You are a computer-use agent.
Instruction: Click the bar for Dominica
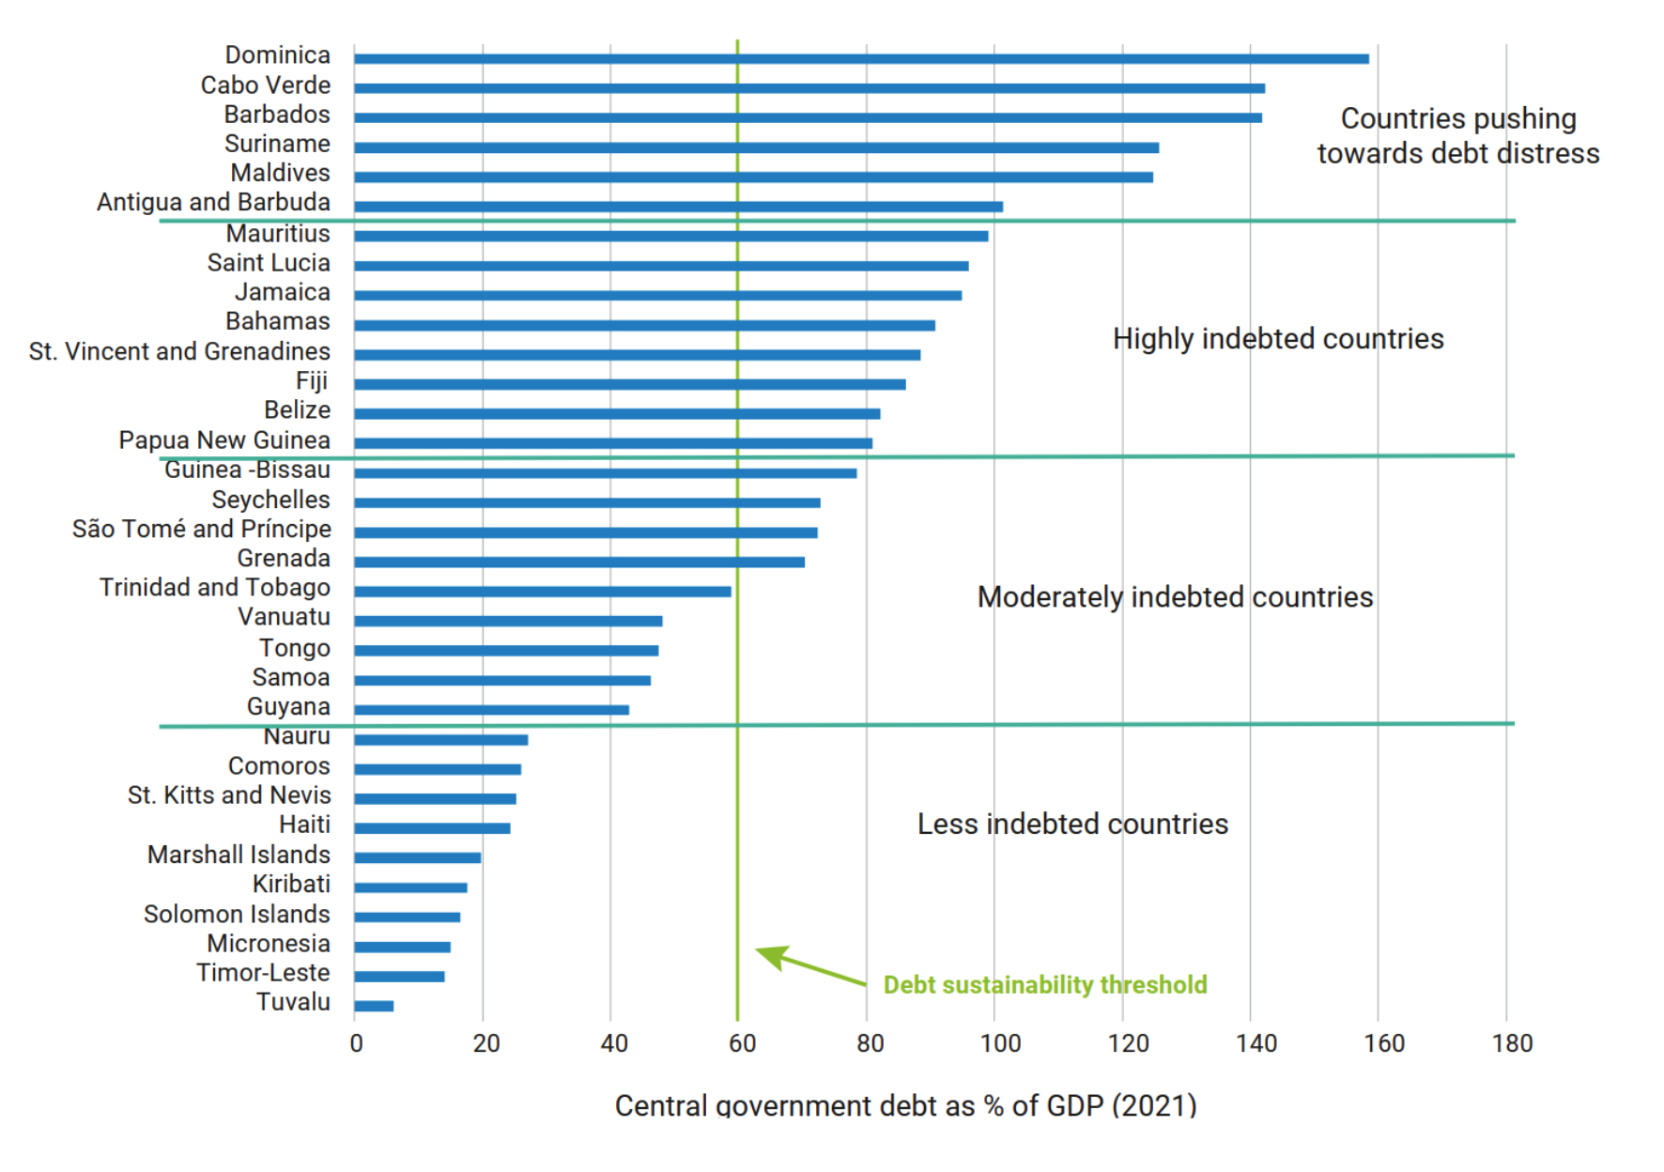[x=860, y=58]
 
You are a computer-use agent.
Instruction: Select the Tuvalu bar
[x=374, y=1006]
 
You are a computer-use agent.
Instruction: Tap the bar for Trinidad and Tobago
[x=542, y=592]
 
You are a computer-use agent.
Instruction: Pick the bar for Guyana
[x=491, y=710]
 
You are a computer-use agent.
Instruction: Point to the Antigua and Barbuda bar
[x=678, y=207]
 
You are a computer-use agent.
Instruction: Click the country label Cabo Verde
[x=266, y=85]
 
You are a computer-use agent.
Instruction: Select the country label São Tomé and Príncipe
[x=202, y=529]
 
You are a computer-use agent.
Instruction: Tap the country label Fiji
[x=312, y=380]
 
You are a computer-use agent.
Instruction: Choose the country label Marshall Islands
[x=239, y=855]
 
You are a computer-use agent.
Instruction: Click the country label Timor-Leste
[x=263, y=973]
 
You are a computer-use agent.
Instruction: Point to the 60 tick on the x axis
[x=742, y=1043]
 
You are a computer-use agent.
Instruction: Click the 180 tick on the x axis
[x=1512, y=1043]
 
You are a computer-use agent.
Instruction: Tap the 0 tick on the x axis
[x=357, y=1043]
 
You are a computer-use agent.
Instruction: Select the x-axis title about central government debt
[x=905, y=1105]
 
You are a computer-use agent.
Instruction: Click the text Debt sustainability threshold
[x=1045, y=984]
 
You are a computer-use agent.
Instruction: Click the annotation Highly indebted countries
[x=1278, y=339]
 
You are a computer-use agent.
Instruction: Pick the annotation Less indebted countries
[x=1072, y=824]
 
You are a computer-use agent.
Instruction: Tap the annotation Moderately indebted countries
[x=1175, y=597]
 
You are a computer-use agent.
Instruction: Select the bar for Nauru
[x=440, y=740]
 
